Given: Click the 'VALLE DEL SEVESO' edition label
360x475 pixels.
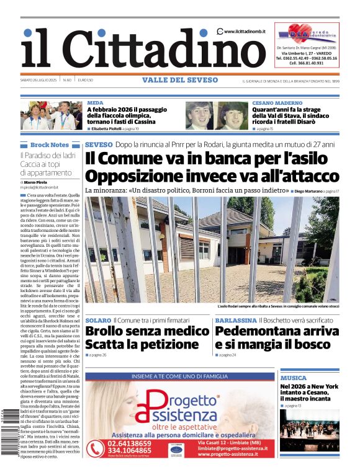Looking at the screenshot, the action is coord(180,80).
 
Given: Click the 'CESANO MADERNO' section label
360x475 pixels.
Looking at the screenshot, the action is coord(277,102).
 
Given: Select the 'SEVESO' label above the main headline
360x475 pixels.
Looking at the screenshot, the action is coord(98,144).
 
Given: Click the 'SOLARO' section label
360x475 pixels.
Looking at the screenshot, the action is coord(98,320).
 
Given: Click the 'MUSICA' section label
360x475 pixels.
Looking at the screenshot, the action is coord(293,378).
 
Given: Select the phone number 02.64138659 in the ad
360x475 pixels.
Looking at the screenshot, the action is coord(129,443).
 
